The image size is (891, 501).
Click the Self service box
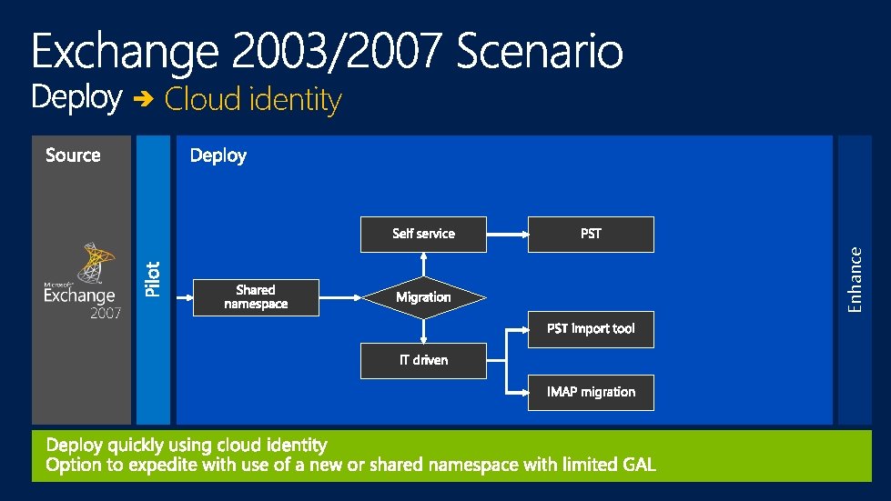click(423, 234)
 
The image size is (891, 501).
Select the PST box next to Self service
click(591, 234)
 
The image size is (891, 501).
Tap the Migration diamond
click(423, 297)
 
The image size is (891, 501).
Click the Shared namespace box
click(256, 297)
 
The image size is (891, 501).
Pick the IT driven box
click(423, 360)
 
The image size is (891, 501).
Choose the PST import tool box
click(591, 328)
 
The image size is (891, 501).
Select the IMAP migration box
click(591, 392)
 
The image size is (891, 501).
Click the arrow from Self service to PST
click(507, 234)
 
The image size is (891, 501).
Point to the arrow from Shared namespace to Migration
click(339, 297)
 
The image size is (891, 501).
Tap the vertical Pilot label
click(153, 279)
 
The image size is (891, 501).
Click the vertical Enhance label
click(854, 279)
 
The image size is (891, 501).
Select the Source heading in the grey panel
click(73, 155)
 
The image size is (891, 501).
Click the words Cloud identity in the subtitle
click(253, 99)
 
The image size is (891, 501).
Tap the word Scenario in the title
click(540, 52)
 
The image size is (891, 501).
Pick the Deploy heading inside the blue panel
click(218, 155)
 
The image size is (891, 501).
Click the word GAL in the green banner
click(638, 465)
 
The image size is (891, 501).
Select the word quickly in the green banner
click(137, 445)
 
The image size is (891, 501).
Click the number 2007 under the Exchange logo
click(106, 313)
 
